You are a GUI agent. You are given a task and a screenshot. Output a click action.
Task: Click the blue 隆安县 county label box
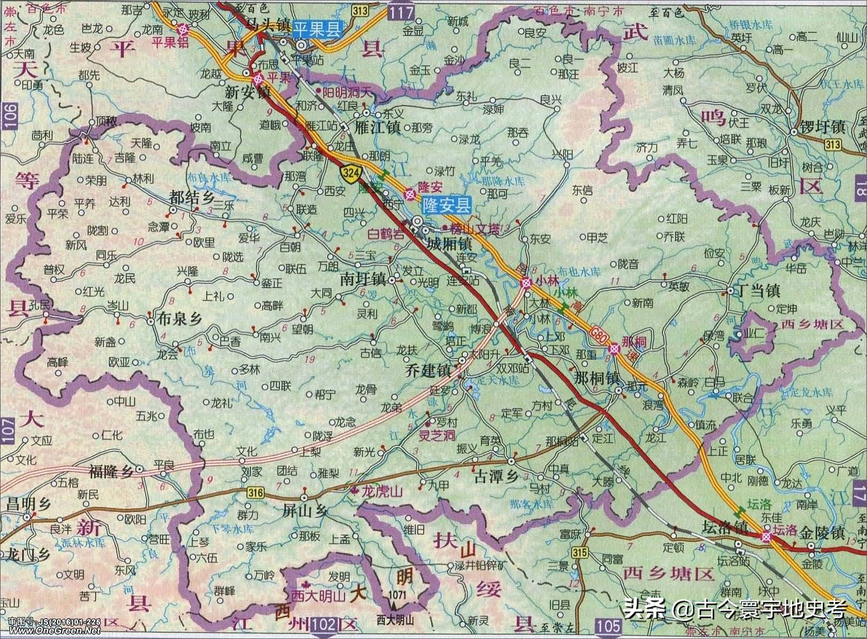pos(447,204)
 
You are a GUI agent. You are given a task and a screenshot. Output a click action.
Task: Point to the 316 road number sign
pos(256,493)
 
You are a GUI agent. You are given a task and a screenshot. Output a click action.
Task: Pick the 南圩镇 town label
pos(364,280)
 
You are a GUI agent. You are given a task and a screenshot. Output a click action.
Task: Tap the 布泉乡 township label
pos(179,319)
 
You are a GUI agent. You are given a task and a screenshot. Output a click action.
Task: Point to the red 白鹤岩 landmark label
pos(387,234)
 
